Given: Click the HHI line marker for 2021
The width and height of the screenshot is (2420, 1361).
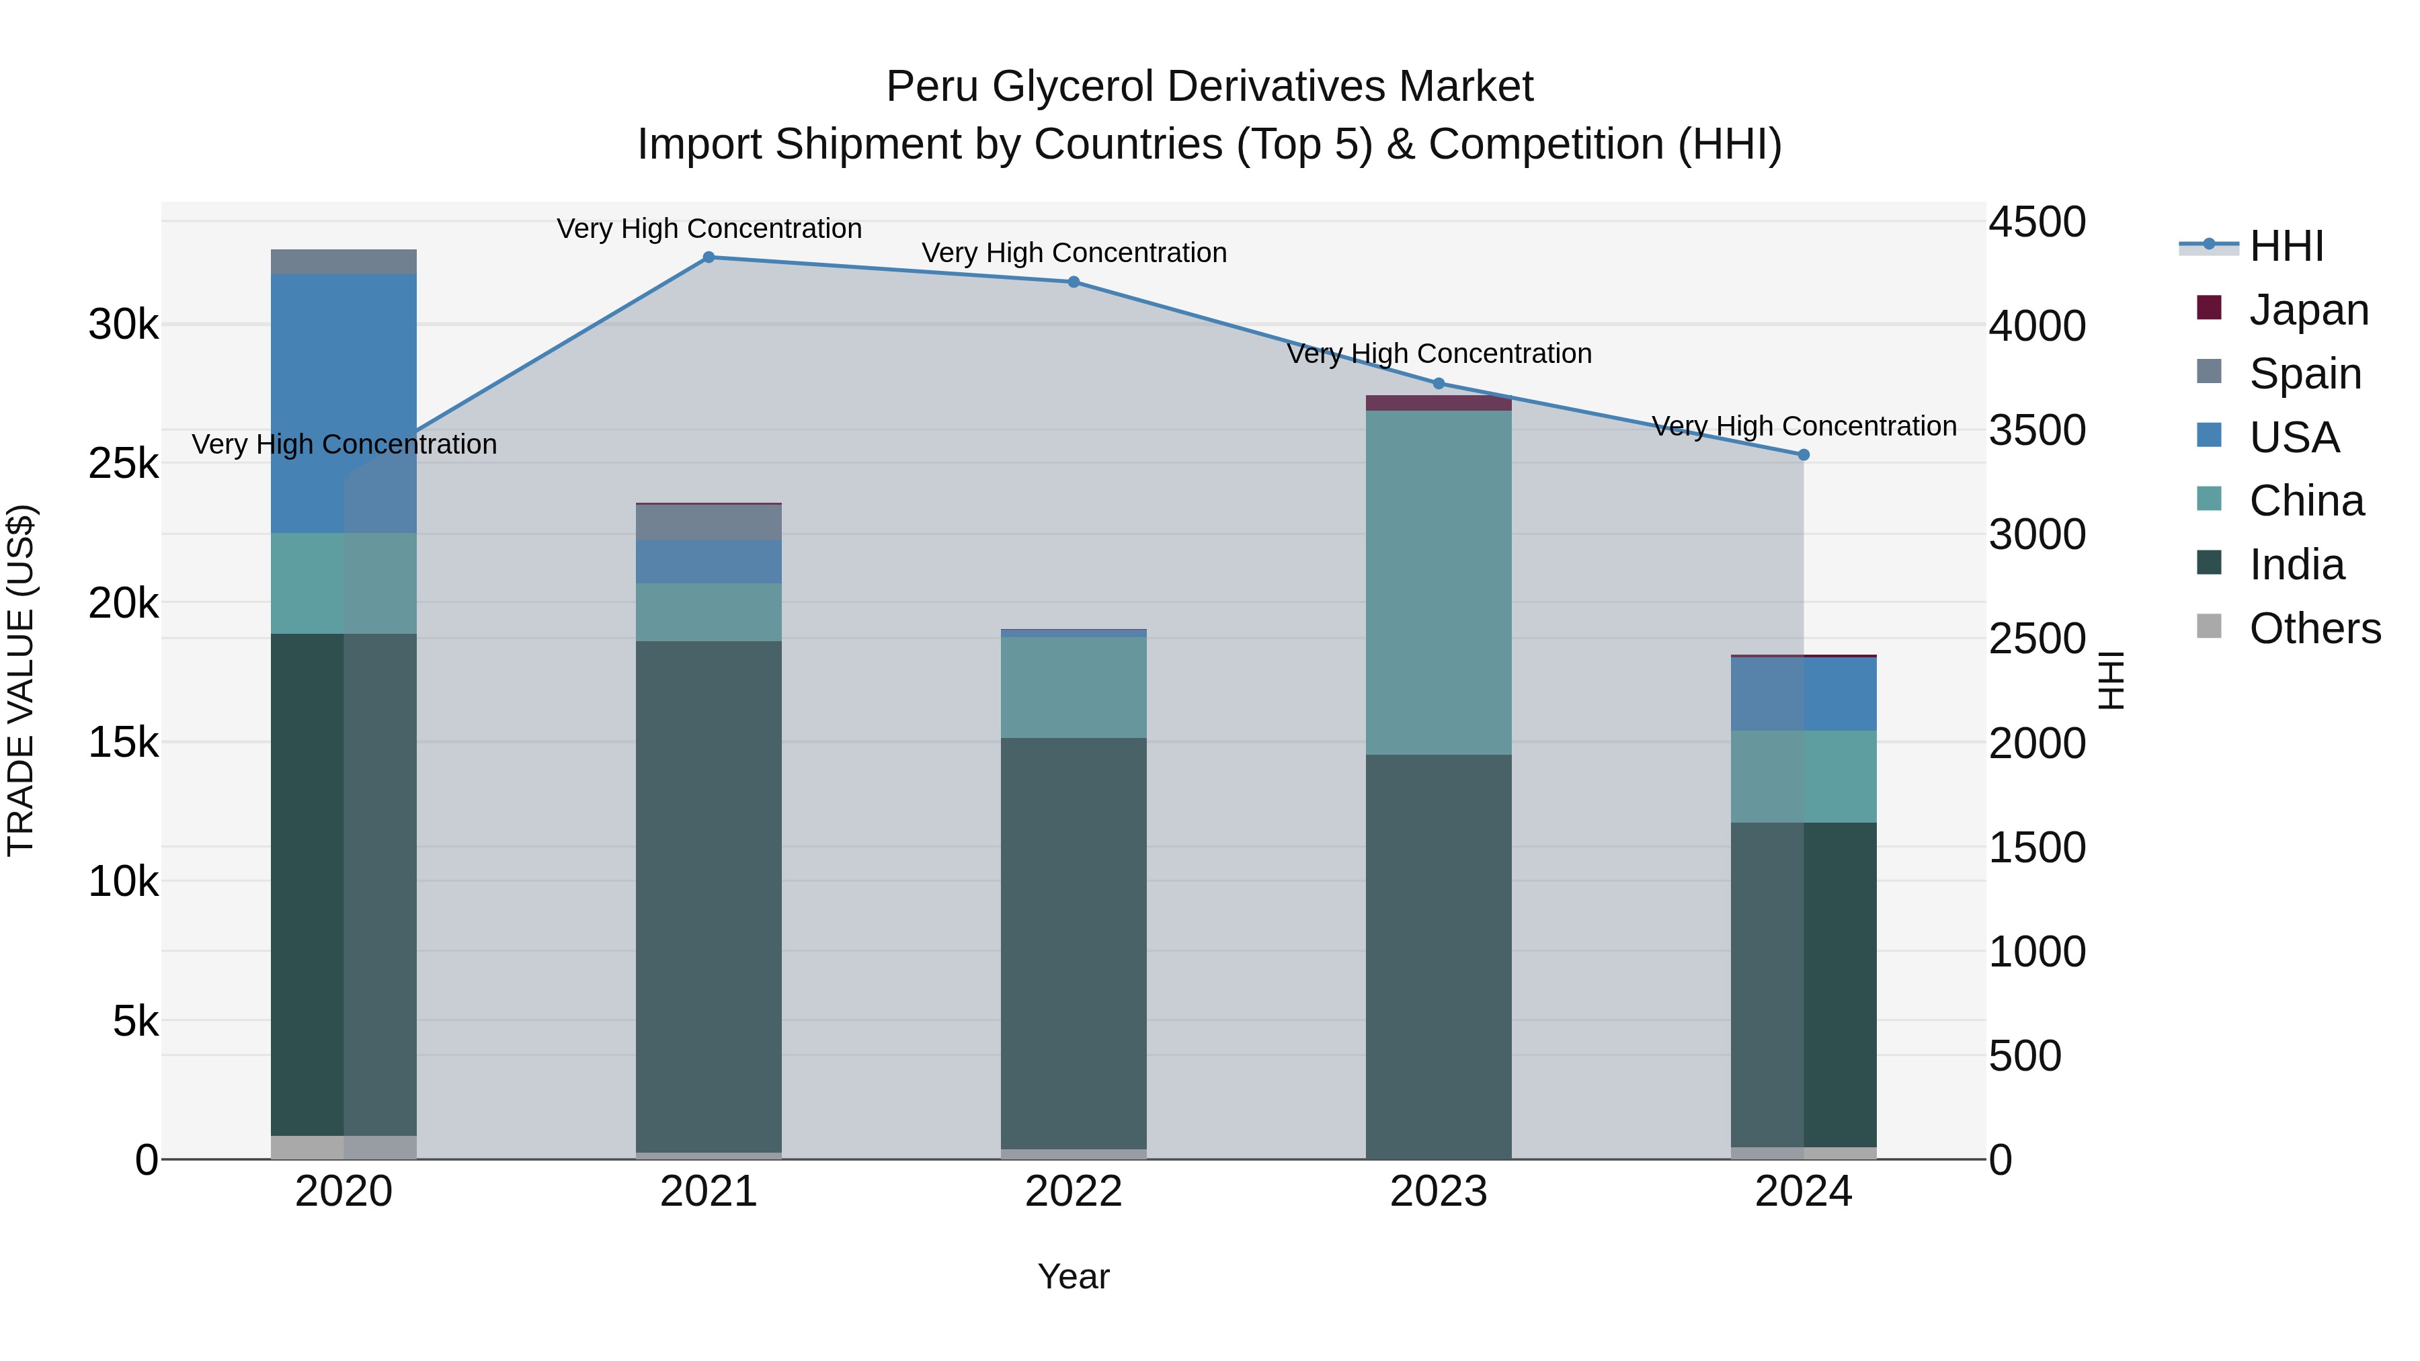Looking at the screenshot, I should (x=709, y=257).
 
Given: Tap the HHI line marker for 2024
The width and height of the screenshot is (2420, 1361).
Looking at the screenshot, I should (x=1803, y=454).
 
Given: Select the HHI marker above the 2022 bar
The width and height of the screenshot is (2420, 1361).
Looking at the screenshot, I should (x=1073, y=282).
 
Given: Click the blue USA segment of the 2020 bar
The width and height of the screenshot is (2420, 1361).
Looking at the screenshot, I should (x=343, y=404).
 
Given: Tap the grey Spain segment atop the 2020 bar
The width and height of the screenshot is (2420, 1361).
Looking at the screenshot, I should (x=343, y=262).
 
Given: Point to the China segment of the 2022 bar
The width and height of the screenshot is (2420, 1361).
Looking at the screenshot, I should (x=1073, y=687).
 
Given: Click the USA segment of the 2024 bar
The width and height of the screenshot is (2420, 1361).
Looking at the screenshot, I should (x=1803, y=694).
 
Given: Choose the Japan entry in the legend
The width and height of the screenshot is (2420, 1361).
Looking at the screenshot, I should (x=2308, y=310).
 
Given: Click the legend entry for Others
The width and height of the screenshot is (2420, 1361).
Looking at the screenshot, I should (x=2314, y=628).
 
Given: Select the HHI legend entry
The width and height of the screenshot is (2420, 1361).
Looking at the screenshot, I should (x=2286, y=246).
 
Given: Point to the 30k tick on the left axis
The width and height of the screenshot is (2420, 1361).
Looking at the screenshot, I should (x=123, y=325).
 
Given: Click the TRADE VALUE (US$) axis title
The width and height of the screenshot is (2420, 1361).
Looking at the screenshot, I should (x=21, y=680).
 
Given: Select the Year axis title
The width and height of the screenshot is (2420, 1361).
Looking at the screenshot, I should (x=1073, y=1276).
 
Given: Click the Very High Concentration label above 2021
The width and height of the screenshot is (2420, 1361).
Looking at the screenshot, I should (x=709, y=229).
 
